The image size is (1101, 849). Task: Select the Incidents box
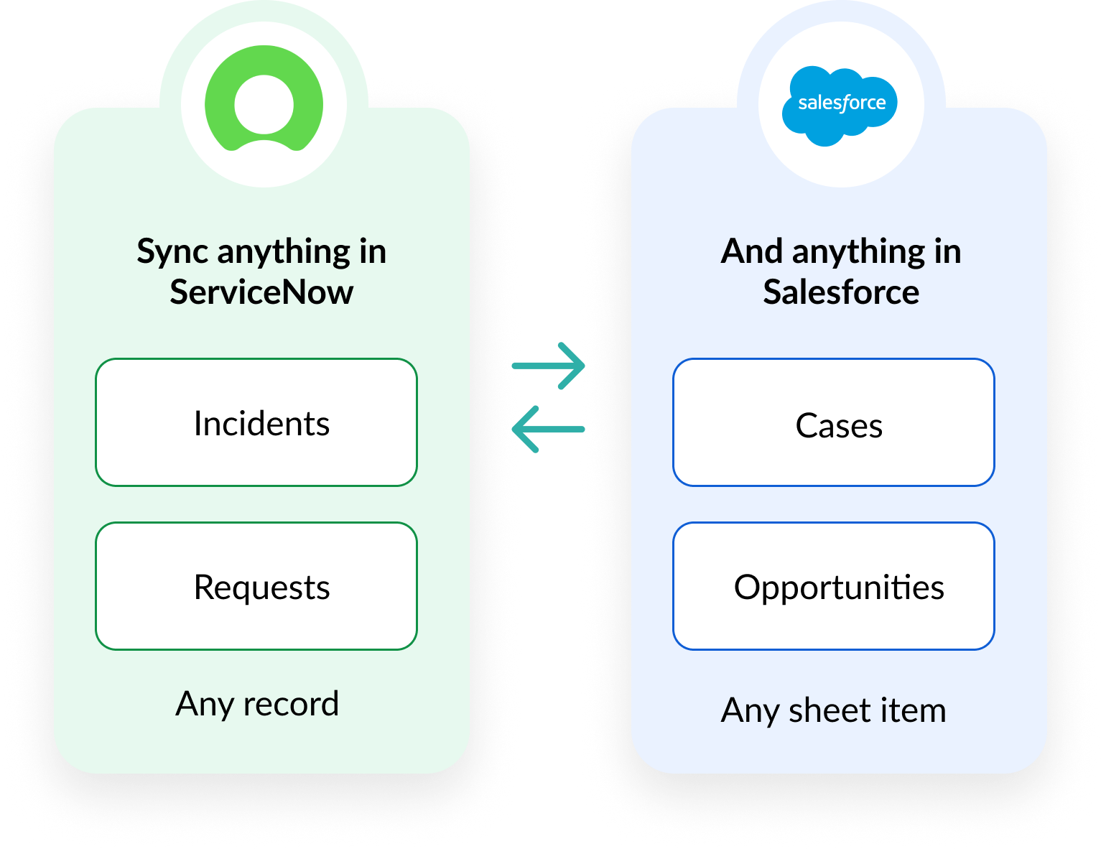pyautogui.click(x=256, y=422)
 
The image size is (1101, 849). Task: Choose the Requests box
pyautogui.click(x=256, y=586)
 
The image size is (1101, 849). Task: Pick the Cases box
pyautogui.click(x=834, y=422)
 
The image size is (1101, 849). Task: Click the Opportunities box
pyautogui.click(x=834, y=586)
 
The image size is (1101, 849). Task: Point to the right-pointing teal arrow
pyautogui.click(x=549, y=366)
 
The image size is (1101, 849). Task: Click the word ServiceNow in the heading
pyautogui.click(x=261, y=292)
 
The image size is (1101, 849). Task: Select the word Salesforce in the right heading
pyautogui.click(x=841, y=292)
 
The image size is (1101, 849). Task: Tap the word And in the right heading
pyautogui.click(x=752, y=251)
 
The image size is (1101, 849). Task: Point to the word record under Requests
pyautogui.click(x=291, y=704)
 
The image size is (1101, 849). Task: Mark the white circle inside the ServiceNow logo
pyautogui.click(x=264, y=105)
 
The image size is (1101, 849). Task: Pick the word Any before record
pyautogui.click(x=205, y=704)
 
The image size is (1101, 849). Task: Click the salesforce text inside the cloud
pyautogui.click(x=842, y=103)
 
